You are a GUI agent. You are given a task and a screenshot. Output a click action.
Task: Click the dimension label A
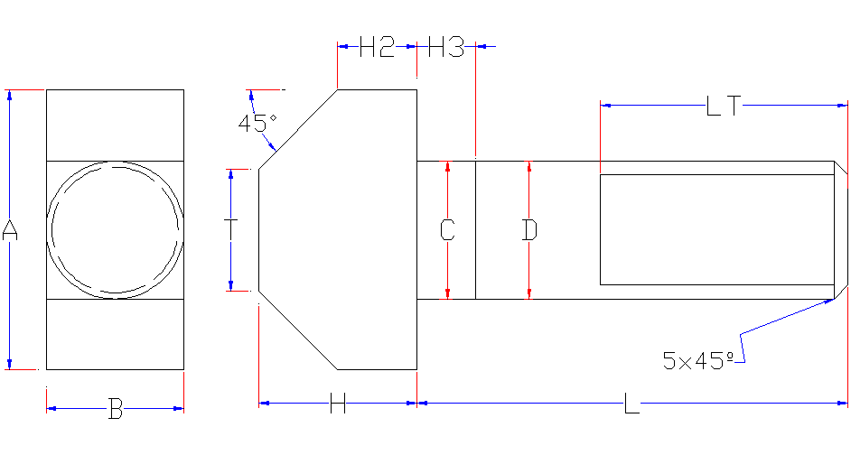[x=10, y=230]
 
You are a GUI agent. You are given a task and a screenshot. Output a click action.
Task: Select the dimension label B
[x=116, y=409]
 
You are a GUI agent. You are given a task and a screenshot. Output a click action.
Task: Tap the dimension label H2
[x=378, y=47]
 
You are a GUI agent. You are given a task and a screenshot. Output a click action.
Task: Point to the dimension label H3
[x=446, y=47]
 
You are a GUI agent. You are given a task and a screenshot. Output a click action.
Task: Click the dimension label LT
[x=724, y=106]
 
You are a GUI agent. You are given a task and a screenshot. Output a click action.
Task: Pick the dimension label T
[x=231, y=229]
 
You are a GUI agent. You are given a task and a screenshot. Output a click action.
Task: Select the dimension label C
[x=447, y=230]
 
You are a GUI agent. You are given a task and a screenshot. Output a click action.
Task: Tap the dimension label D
[x=529, y=230]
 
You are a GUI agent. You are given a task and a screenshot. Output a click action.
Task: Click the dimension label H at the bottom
[x=338, y=404]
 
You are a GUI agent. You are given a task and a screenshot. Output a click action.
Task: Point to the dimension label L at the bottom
[x=631, y=404]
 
